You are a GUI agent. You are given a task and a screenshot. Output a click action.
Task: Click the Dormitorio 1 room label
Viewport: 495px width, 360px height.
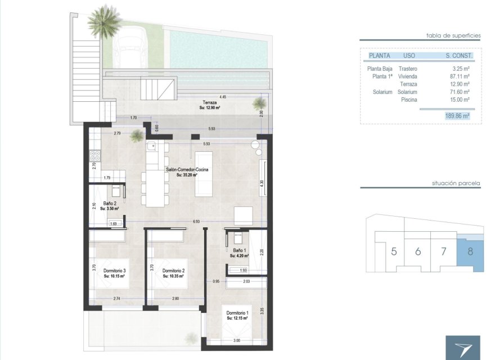237,313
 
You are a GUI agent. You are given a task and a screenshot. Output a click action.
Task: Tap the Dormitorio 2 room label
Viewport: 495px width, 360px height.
174,271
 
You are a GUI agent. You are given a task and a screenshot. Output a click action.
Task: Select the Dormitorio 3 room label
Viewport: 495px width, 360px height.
115,271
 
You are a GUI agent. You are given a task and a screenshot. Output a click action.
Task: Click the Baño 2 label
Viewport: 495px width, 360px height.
111,204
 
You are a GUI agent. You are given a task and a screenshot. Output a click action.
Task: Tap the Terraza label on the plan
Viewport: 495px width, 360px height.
210,103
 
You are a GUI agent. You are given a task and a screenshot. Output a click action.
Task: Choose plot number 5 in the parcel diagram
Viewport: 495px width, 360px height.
394,251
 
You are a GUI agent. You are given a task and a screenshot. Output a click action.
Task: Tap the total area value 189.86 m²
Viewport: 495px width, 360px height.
457,115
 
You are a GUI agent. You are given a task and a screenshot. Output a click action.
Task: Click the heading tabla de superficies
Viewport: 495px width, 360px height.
453,35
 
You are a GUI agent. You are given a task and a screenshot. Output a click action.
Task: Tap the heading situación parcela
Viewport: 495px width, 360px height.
456,183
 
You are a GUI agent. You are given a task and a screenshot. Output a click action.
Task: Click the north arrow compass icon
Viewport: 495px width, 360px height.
462,348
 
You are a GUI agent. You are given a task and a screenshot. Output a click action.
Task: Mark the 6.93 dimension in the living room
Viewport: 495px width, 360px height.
196,222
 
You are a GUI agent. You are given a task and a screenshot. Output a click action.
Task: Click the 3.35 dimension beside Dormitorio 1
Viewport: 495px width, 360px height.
262,310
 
